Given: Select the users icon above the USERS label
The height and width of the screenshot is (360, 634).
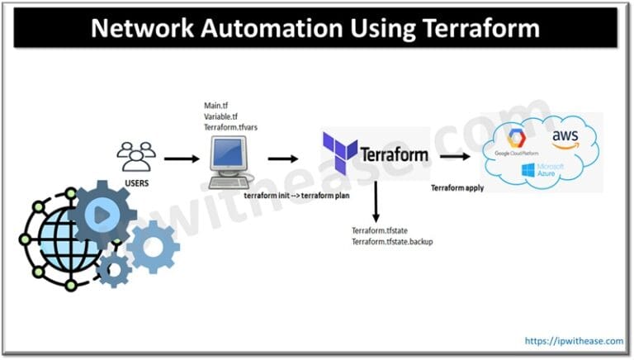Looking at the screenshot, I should (x=135, y=156).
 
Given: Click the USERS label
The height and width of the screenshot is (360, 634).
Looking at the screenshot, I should (x=135, y=182).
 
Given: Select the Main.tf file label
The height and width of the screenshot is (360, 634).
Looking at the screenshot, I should (x=217, y=106).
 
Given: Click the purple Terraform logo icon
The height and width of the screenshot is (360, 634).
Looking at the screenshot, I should (x=339, y=154).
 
